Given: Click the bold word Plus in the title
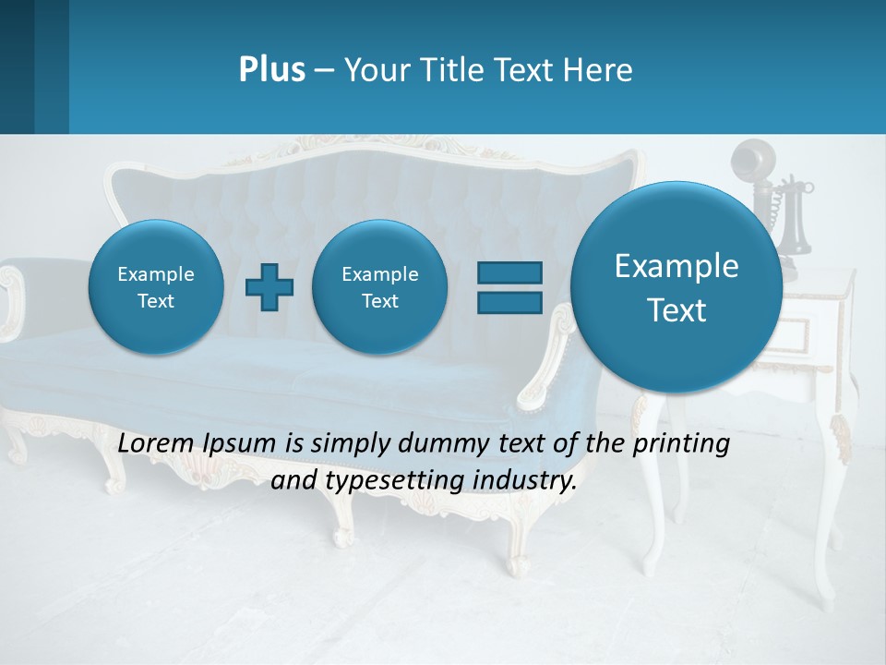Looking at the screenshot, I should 271,70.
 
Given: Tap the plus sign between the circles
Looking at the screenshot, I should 269,286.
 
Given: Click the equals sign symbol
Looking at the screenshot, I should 509,286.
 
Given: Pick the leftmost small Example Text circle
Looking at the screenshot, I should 156,287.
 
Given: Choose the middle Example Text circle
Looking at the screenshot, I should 380,287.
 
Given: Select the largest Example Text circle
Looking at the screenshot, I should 676,287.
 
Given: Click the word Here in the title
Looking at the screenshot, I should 601,70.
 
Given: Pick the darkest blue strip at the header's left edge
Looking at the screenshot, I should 17,66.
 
